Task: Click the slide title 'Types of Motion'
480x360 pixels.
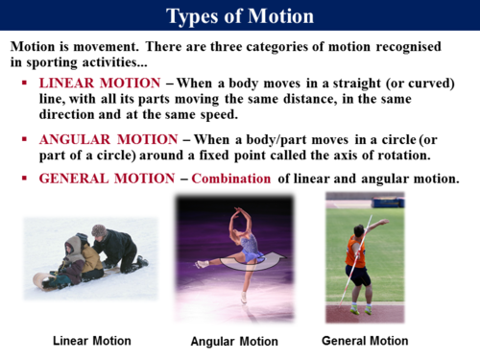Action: click(239, 15)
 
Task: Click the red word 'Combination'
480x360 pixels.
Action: click(231, 179)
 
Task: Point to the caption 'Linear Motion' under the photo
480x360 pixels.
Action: click(91, 340)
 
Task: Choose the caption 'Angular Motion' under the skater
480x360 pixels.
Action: click(234, 341)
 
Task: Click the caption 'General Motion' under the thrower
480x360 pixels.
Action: click(365, 340)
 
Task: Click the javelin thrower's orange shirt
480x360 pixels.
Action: click(355, 252)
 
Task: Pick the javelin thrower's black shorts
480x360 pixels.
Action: click(358, 276)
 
